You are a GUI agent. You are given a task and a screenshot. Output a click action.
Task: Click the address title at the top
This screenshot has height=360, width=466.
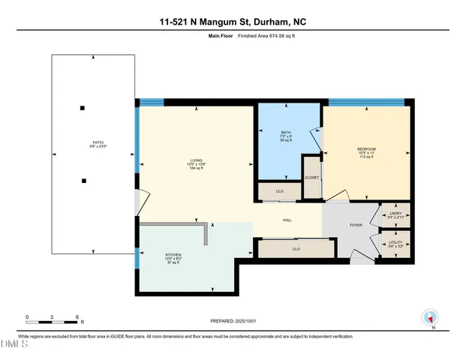point(233,22)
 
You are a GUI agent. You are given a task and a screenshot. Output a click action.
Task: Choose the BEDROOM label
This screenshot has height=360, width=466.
point(366,148)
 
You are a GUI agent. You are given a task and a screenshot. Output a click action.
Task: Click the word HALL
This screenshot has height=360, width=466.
point(287,220)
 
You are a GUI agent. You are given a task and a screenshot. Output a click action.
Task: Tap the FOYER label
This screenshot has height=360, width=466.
point(356,224)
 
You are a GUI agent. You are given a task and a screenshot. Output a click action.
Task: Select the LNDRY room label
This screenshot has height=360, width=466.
point(395,214)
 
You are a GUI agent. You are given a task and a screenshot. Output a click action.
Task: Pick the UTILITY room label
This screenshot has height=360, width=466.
point(395,243)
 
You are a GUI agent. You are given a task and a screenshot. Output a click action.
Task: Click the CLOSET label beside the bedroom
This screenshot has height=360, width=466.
point(311,178)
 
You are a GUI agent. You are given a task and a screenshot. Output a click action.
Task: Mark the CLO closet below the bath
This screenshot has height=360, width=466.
point(279,192)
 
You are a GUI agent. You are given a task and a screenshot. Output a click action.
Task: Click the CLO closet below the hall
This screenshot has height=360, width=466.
point(296,248)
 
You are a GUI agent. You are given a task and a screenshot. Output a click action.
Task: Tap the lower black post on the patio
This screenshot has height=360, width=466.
point(85,180)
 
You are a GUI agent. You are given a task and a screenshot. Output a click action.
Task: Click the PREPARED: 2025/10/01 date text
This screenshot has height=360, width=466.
point(233,320)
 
